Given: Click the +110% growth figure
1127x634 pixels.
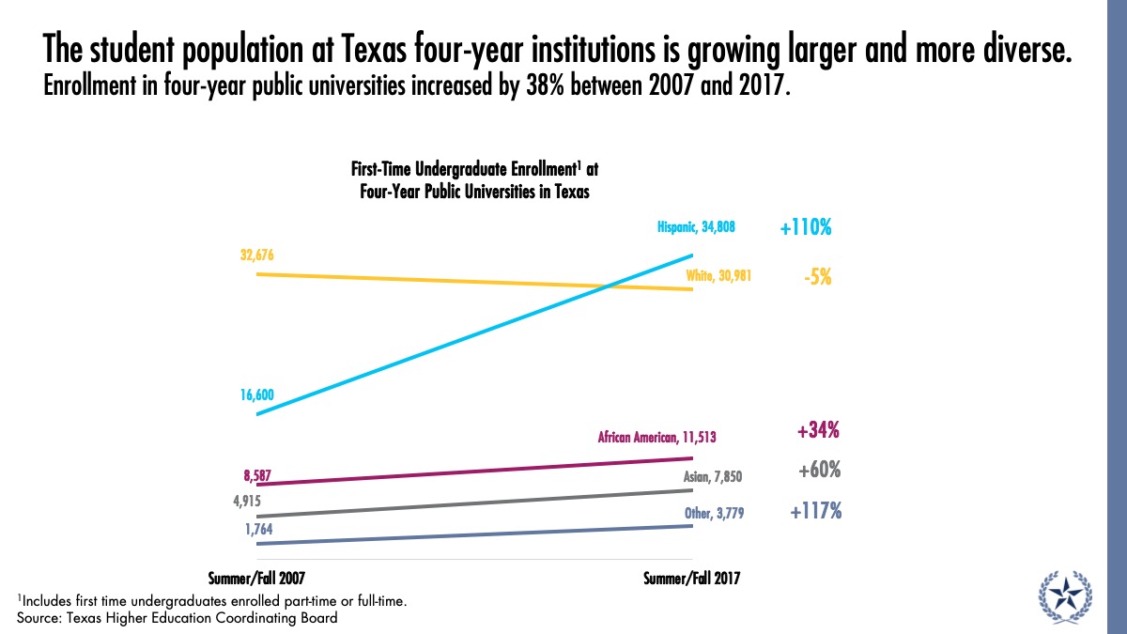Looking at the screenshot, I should coord(805,227).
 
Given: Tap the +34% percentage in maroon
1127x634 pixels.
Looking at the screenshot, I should coord(817,431).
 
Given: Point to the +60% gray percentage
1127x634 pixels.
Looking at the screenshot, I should coord(819,471).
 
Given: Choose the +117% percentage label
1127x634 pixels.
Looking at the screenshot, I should coord(815,512).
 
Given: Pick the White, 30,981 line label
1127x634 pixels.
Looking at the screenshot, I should coord(718,276).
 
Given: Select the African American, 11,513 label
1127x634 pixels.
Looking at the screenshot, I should coord(658,437).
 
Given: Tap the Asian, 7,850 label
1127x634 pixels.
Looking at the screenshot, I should coord(713,477).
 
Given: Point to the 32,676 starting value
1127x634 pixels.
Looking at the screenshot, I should coord(255,255).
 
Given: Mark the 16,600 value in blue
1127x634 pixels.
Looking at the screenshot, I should coord(255,395).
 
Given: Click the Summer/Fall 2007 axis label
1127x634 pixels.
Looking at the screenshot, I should coord(255,579).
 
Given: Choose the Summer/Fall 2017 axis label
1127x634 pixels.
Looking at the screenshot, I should coord(692,579).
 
